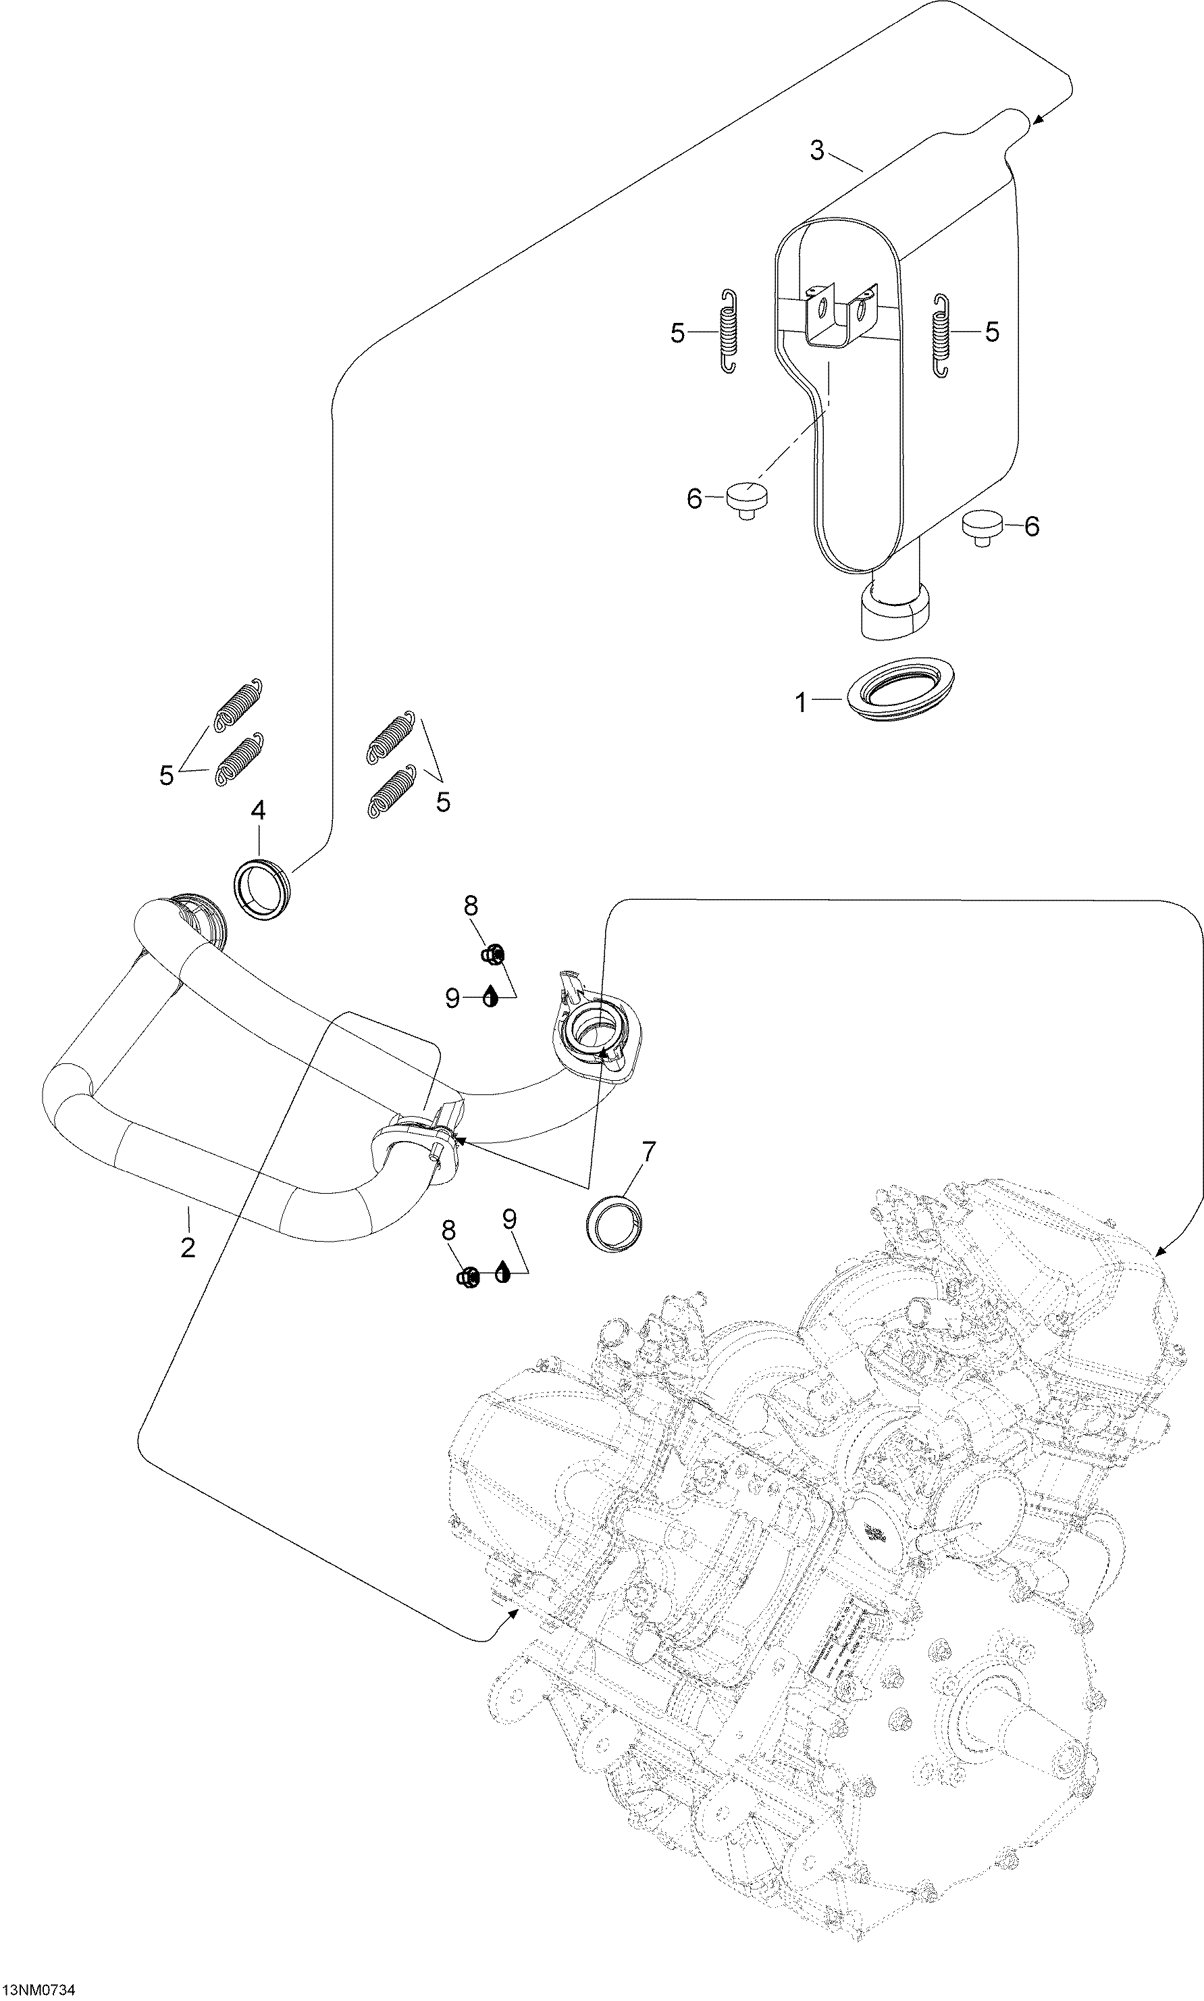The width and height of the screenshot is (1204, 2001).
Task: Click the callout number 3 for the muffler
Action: pos(817,150)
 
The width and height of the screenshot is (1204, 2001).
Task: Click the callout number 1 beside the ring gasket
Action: pos(802,703)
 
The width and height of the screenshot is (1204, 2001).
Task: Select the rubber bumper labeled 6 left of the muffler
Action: pos(746,497)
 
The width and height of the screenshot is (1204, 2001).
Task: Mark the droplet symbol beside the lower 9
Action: pos(502,1271)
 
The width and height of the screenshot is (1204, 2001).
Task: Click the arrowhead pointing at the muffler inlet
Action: pos(1038,122)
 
